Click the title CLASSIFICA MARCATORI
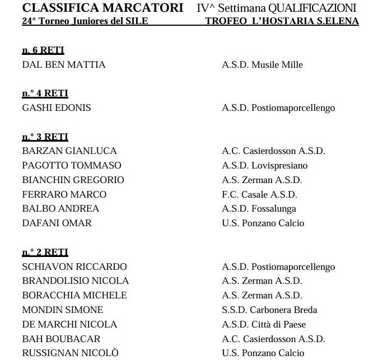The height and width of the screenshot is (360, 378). (x=102, y=8)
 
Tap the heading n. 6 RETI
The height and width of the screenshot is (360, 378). (x=43, y=50)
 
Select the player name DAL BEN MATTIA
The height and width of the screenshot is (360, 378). (x=64, y=64)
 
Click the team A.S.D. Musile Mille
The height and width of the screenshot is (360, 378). (x=262, y=64)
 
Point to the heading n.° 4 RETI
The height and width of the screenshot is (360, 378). (x=45, y=93)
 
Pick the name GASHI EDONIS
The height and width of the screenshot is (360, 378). (x=56, y=107)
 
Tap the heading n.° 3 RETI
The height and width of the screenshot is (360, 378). (x=45, y=137)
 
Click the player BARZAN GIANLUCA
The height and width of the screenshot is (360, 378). (x=69, y=151)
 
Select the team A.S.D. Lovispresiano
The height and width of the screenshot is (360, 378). (x=264, y=165)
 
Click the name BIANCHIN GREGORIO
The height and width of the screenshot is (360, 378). (x=73, y=180)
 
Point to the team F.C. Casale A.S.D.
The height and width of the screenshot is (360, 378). (x=259, y=194)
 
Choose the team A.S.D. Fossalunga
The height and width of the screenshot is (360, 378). (x=259, y=208)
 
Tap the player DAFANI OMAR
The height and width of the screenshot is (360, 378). (x=57, y=223)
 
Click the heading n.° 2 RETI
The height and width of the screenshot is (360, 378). (x=45, y=253)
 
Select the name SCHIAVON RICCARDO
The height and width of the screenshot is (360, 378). (x=74, y=267)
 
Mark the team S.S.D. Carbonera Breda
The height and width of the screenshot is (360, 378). (x=269, y=310)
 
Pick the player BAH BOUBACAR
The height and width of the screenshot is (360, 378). (x=61, y=339)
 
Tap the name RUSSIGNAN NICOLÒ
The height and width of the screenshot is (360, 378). (x=70, y=353)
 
